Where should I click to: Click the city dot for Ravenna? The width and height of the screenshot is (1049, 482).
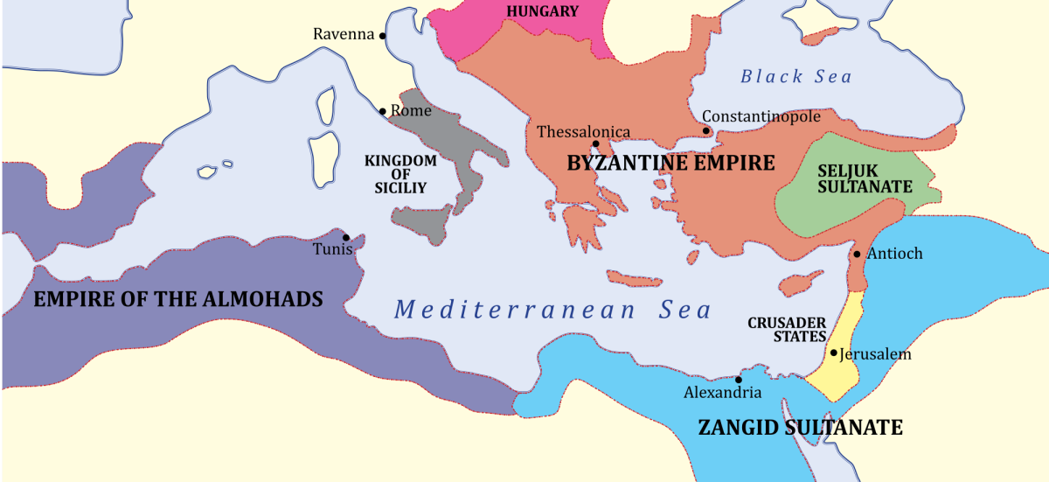[382, 36]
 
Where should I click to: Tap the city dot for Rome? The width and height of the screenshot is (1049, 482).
[382, 111]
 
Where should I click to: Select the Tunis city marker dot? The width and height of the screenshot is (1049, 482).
[346, 237]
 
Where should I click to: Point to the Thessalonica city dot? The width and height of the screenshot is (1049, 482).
[595, 144]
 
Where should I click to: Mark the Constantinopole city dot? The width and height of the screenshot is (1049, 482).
[708, 131]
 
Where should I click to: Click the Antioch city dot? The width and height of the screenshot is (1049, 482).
[857, 255]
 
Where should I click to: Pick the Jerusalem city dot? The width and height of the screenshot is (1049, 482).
[834, 353]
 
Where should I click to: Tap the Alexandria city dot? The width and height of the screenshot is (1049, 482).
[739, 380]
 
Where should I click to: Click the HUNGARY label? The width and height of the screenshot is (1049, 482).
[542, 11]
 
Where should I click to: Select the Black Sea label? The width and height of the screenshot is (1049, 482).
[795, 77]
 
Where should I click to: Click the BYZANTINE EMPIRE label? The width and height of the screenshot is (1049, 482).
[670, 163]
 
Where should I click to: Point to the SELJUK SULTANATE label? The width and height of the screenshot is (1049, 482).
[864, 178]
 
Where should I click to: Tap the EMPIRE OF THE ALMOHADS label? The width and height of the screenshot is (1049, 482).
[177, 299]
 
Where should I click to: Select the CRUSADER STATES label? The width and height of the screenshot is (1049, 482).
[787, 329]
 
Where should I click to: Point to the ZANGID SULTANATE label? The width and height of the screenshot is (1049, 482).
[799, 428]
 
